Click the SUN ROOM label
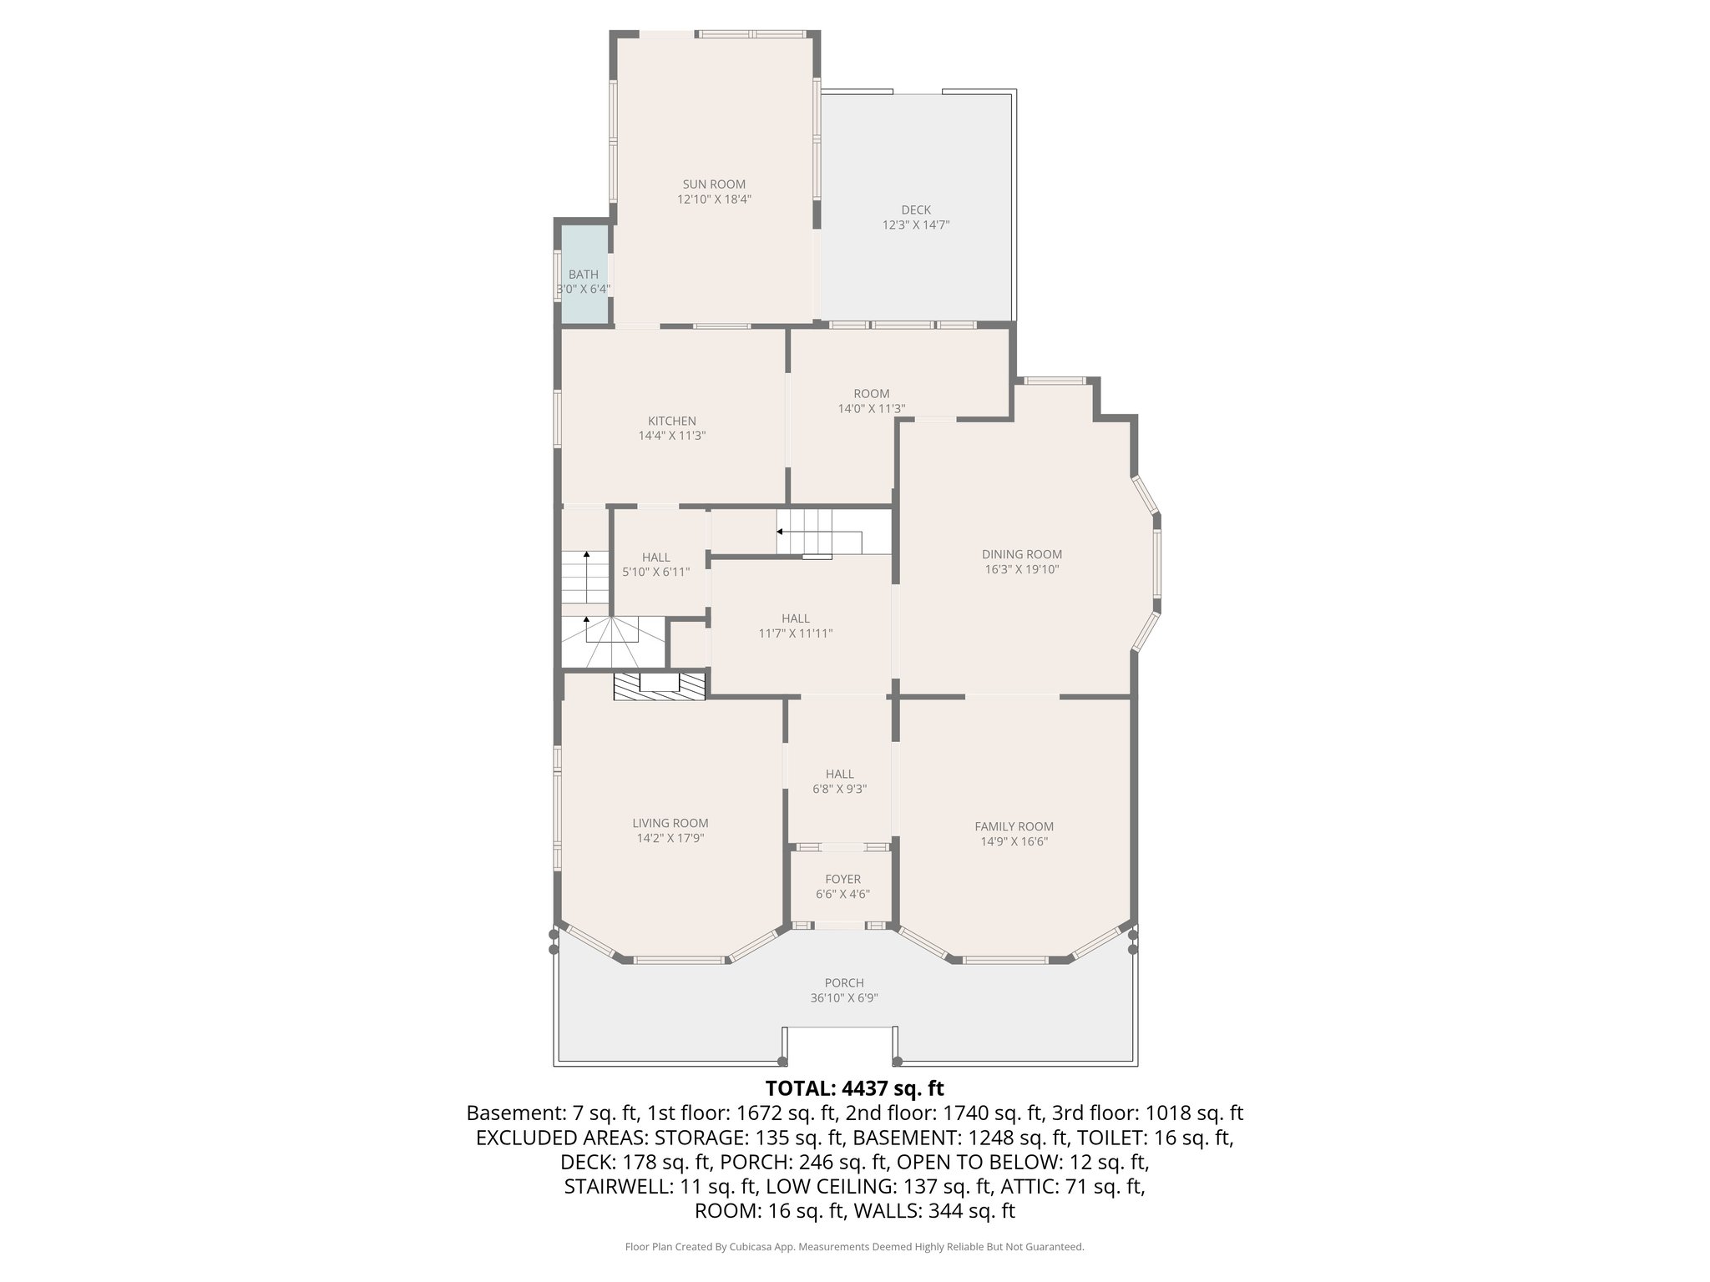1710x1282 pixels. pos(714,184)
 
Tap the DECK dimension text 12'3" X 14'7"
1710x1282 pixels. pos(916,225)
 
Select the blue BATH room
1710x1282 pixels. pos(584,275)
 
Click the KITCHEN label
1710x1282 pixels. pos(672,421)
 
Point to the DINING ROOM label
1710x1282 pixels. pos(1021,554)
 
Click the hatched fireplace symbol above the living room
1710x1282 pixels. pos(660,685)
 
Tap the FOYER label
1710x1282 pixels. pos(842,879)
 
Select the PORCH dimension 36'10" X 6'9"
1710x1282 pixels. pos(843,998)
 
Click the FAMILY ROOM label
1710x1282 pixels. pos(1014,826)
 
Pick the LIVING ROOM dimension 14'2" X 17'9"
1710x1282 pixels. pos(670,838)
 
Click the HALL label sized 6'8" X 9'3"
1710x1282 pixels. pos(840,774)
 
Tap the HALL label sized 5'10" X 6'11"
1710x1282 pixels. pos(655,558)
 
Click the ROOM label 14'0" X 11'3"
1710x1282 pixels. pos(871,394)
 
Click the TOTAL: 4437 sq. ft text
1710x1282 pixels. pos(854,1088)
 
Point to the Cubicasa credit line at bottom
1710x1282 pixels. pos(854,1247)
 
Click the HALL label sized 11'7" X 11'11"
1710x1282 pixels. pos(795,618)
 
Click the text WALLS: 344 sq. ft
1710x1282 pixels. pos(931,1211)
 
